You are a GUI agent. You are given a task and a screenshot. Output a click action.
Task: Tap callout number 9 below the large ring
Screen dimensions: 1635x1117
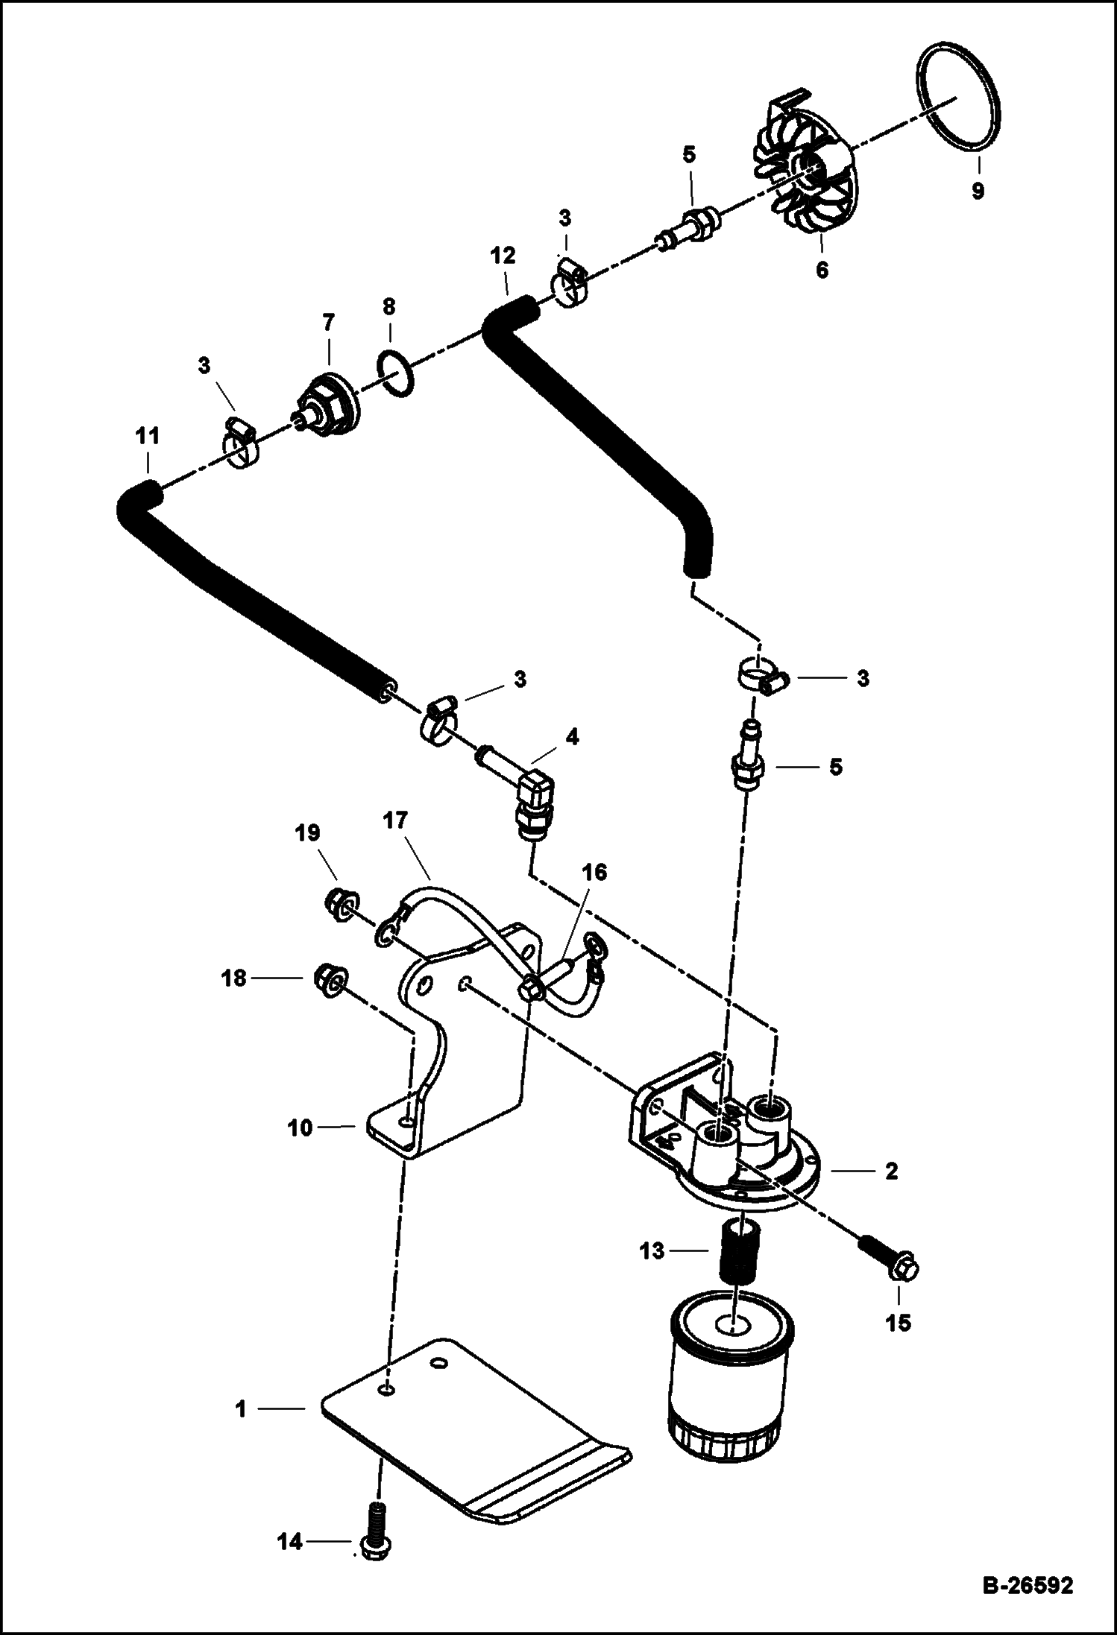coord(978,191)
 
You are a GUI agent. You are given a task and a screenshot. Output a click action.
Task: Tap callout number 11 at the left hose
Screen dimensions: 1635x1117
coord(148,436)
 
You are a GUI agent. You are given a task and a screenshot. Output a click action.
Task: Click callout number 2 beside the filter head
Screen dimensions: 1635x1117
coord(891,1171)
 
